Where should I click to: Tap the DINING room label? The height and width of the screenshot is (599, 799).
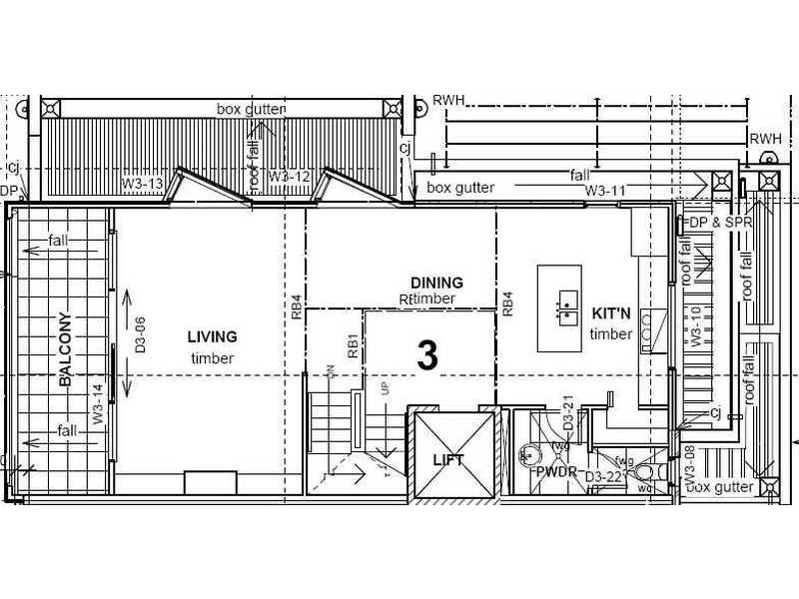point(436,283)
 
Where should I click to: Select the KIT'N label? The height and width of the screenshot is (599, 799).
point(611,312)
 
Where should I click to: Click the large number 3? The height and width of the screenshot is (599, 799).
point(427,355)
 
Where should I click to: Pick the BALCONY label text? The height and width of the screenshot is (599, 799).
point(65,349)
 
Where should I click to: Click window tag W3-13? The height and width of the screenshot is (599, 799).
point(142,184)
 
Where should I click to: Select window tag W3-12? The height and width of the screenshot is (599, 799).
point(291,177)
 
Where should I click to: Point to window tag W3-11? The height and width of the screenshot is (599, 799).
point(605,190)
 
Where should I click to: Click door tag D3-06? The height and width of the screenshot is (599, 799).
point(141,335)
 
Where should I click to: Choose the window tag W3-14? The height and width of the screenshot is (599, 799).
point(98,405)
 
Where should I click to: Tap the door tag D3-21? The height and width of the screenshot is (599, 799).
point(567,413)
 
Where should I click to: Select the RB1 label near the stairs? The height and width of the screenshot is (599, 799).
point(353,345)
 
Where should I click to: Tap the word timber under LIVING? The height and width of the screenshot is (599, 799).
point(212,358)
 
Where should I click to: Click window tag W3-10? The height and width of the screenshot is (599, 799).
point(694,326)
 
